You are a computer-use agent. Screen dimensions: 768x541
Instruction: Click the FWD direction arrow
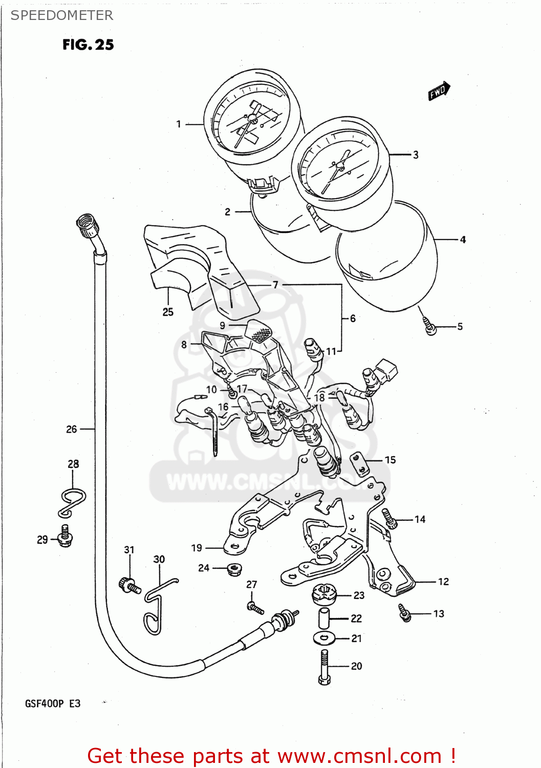pyautogui.click(x=439, y=91)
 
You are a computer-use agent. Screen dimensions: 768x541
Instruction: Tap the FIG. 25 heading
pyautogui.click(x=88, y=45)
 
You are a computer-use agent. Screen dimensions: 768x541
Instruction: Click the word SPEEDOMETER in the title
pyautogui.click(x=62, y=15)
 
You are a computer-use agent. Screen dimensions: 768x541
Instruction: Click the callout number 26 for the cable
pyautogui.click(x=72, y=429)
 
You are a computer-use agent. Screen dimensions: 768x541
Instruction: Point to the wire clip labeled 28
pyautogui.click(x=72, y=502)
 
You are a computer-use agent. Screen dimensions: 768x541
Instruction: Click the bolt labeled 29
pyautogui.click(x=65, y=536)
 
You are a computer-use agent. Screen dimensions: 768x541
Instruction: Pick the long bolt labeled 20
pyautogui.click(x=324, y=667)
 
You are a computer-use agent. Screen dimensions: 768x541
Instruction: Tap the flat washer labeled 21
pyautogui.click(x=324, y=638)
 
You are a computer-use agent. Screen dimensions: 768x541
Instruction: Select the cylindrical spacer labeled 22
pyautogui.click(x=324, y=618)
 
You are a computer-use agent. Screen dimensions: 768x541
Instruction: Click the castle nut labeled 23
pyautogui.click(x=324, y=594)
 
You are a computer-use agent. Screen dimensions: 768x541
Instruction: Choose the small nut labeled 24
pyautogui.click(x=234, y=569)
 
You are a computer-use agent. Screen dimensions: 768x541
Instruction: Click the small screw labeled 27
pyautogui.click(x=255, y=608)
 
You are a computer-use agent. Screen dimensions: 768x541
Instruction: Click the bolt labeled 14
pyautogui.click(x=390, y=518)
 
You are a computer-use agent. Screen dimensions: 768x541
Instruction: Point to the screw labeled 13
pyautogui.click(x=405, y=612)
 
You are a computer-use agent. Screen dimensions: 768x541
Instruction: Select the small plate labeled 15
pyautogui.click(x=360, y=464)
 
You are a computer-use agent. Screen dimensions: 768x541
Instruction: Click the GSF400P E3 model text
pyautogui.click(x=53, y=703)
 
